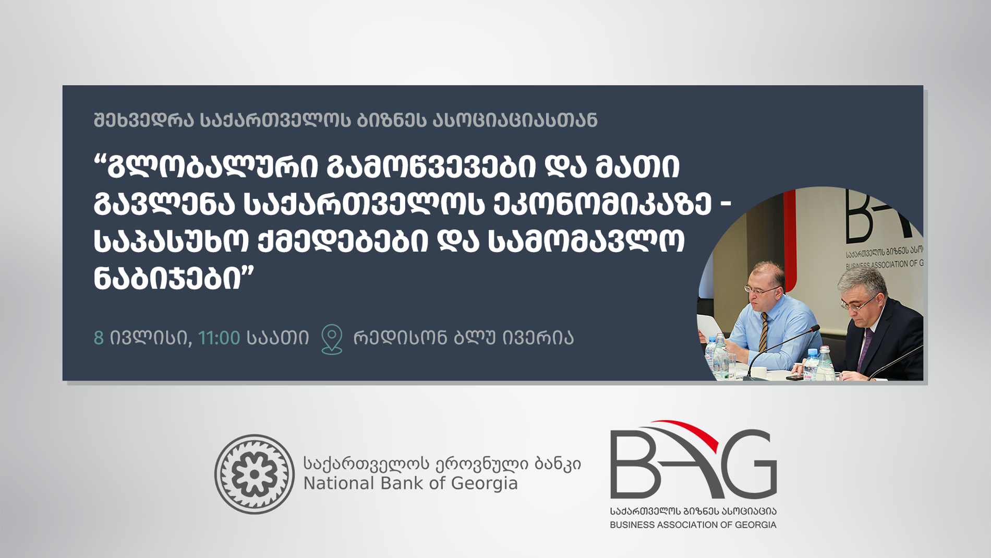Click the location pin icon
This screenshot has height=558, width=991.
pyautogui.click(x=332, y=339)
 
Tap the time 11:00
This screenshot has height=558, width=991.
pyautogui.click(x=219, y=338)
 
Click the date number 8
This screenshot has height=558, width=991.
pyautogui.click(x=99, y=338)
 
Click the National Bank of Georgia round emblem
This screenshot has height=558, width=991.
pyautogui.click(x=255, y=474)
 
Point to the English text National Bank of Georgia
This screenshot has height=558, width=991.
pyautogui.click(x=410, y=484)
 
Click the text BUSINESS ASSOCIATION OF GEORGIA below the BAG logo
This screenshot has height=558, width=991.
pyautogui.click(x=693, y=525)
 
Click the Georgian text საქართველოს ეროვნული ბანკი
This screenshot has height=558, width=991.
pyautogui.click(x=442, y=464)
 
